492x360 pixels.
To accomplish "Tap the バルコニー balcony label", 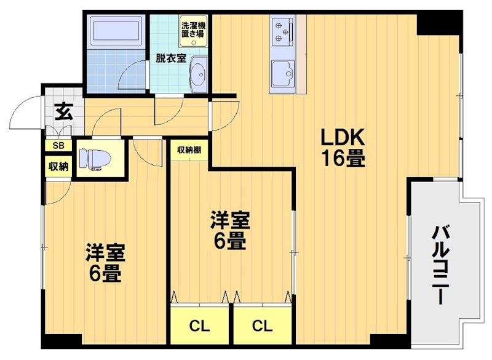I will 440,264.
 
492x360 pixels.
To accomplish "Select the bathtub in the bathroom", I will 117,31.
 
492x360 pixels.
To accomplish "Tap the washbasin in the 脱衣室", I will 198,76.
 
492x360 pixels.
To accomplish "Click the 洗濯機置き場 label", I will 192,30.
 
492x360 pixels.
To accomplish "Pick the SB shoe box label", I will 58,146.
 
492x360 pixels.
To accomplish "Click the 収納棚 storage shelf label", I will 189,150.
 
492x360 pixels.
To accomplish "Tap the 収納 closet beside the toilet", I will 58,166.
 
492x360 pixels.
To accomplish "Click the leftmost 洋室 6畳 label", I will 105,263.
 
